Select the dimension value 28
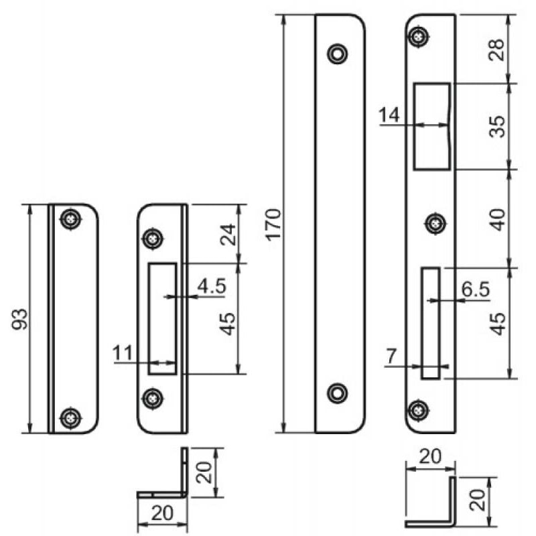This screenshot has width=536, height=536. pos(496,50)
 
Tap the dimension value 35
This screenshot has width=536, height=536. pos(496,126)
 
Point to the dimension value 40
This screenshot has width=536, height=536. pos(496,218)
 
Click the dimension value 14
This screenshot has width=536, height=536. pos(389,115)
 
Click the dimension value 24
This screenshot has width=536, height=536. pos(228,234)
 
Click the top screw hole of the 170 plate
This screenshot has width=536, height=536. pos(337,53)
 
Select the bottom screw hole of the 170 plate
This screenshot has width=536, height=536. pos(337,393)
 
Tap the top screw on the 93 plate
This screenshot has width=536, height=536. pos(70,218)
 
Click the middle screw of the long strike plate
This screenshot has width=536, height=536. pos(438,222)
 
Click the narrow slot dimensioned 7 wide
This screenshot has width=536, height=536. pos(430,323)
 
